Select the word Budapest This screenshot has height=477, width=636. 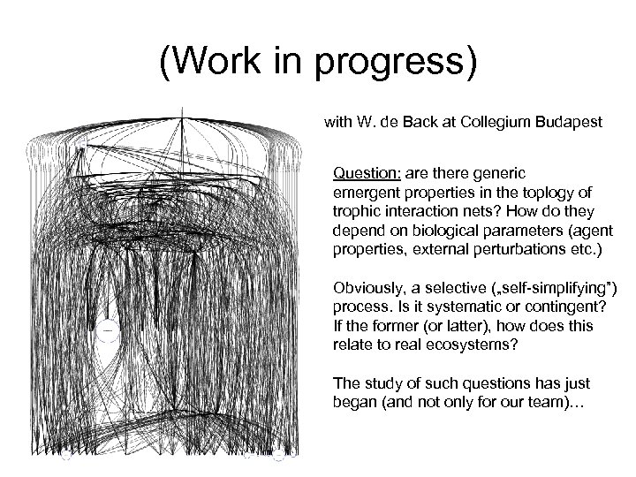point(571,123)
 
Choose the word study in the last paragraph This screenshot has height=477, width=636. point(378,382)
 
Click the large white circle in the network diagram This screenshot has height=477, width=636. point(107,330)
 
